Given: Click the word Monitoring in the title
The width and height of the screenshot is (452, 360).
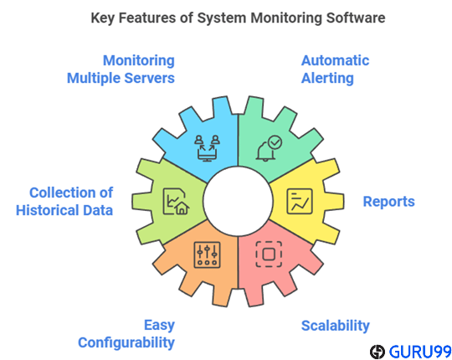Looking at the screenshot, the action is pyautogui.click(x=286, y=18).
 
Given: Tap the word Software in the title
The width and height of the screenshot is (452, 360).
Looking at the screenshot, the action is pyautogui.click(x=356, y=18).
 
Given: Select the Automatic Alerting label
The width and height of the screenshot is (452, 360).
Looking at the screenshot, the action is pyautogui.click(x=335, y=69).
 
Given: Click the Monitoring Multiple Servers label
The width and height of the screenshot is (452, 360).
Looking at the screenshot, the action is pyautogui.click(x=121, y=69).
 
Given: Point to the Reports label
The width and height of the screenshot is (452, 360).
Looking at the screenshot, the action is pyautogui.click(x=388, y=202).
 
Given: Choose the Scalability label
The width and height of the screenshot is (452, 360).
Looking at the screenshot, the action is pyautogui.click(x=336, y=326).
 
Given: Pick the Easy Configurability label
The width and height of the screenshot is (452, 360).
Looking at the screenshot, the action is pyautogui.click(x=126, y=334).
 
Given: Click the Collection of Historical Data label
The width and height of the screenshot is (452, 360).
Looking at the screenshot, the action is pyautogui.click(x=64, y=201).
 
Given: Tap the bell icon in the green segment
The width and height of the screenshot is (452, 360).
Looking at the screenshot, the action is pyautogui.click(x=265, y=152).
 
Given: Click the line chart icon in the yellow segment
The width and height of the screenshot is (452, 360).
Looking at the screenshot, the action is pyautogui.click(x=300, y=201).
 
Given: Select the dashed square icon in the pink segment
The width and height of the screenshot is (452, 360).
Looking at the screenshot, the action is pyautogui.click(x=269, y=254).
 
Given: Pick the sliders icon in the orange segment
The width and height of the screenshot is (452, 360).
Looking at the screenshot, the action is pyautogui.click(x=208, y=255).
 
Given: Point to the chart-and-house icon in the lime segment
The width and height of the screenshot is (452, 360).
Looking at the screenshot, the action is pyautogui.click(x=176, y=202).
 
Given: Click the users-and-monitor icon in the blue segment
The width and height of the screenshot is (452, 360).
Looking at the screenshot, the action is pyautogui.click(x=207, y=148).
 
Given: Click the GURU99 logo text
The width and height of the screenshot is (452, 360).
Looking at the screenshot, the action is pyautogui.click(x=420, y=352).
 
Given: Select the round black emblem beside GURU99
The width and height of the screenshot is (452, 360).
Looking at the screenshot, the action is pyautogui.click(x=378, y=352).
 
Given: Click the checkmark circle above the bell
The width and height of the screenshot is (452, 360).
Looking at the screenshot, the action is pyautogui.click(x=275, y=142).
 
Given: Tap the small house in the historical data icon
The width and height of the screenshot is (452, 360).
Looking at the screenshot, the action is pyautogui.click(x=182, y=208).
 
